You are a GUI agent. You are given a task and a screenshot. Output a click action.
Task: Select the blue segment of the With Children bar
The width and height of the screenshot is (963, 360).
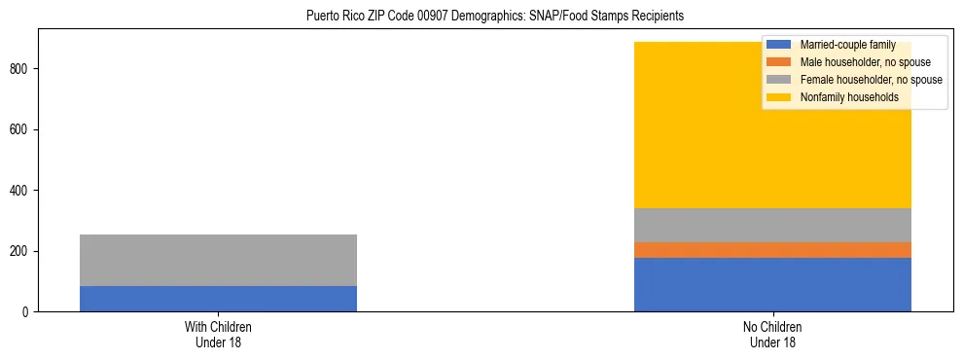218,299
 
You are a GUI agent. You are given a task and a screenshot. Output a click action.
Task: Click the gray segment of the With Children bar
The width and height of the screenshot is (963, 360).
218,260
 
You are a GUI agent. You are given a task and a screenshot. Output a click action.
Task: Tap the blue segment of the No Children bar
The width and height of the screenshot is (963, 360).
772,284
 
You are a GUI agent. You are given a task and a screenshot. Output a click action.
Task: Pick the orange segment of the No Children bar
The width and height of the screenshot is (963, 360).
772,250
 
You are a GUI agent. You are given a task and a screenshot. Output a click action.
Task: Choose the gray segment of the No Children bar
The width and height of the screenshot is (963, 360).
772,225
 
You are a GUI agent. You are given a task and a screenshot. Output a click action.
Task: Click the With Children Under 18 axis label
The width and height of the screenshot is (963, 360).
218,334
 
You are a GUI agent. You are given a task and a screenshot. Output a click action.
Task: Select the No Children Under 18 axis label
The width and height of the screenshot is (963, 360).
772,334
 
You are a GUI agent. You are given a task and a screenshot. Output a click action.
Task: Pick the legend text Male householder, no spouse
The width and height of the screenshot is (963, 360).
859,62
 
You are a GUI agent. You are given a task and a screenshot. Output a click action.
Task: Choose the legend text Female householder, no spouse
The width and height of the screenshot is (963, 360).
871,80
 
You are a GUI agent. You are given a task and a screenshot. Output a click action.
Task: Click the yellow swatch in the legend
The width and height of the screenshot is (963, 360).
779,97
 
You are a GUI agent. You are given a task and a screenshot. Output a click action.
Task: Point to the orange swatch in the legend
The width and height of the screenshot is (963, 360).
779,62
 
